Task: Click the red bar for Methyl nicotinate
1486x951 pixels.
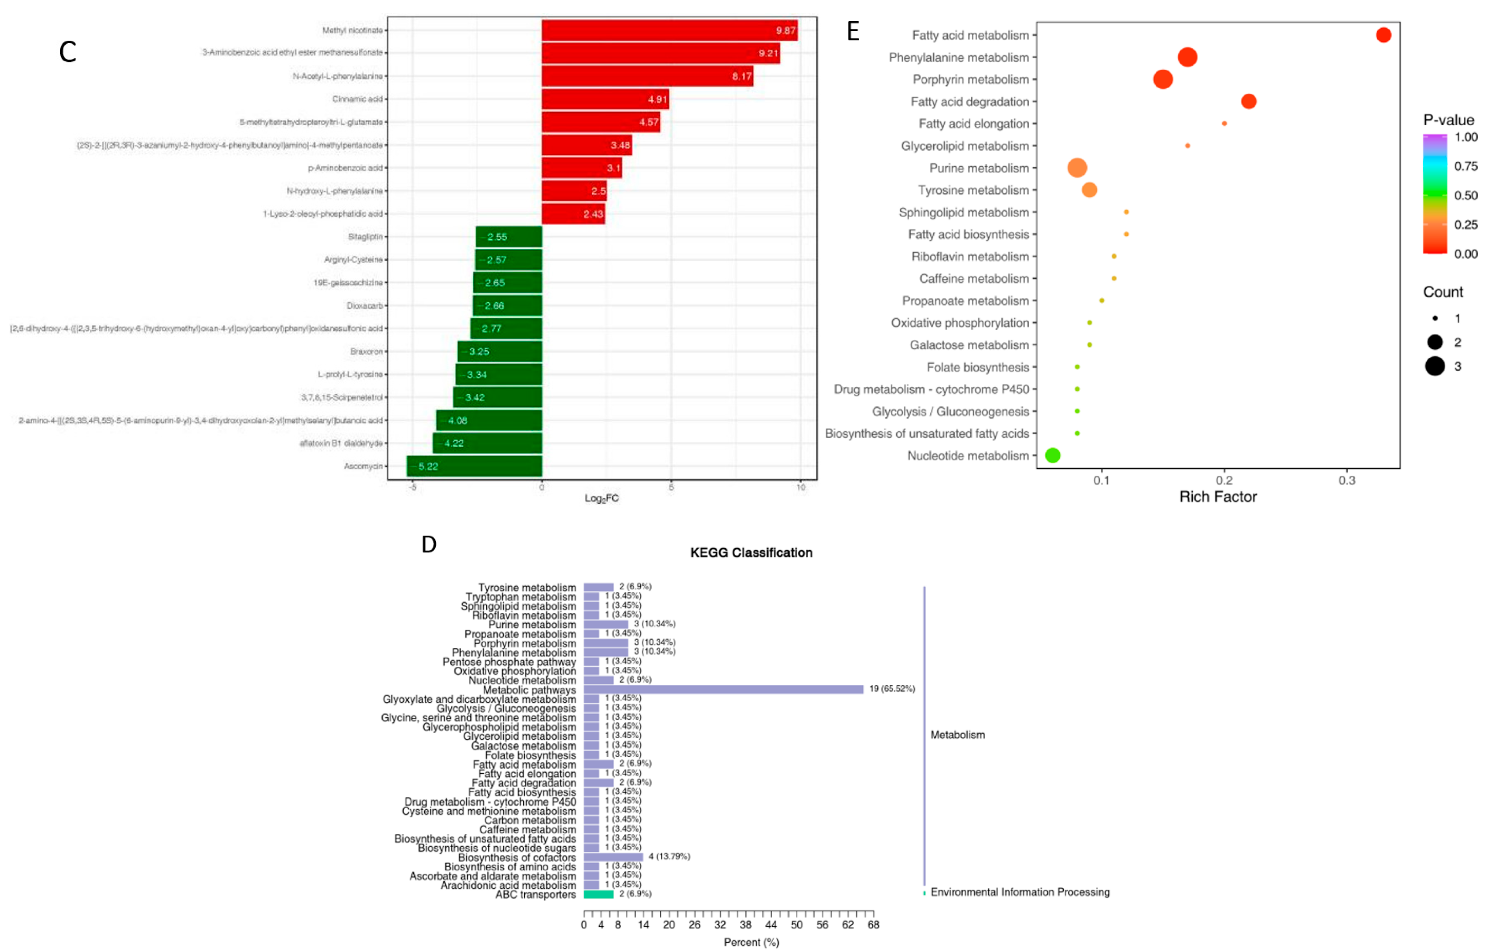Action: click(669, 30)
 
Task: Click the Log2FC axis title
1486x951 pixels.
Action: click(601, 498)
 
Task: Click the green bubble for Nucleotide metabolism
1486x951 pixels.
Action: click(1052, 455)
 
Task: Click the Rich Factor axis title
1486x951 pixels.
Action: click(1217, 496)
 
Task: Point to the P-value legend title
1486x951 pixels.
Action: click(1448, 120)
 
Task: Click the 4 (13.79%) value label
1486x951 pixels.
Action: click(669, 856)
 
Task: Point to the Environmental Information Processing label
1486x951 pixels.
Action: click(1019, 892)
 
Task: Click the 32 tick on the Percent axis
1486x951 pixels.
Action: click(720, 924)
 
